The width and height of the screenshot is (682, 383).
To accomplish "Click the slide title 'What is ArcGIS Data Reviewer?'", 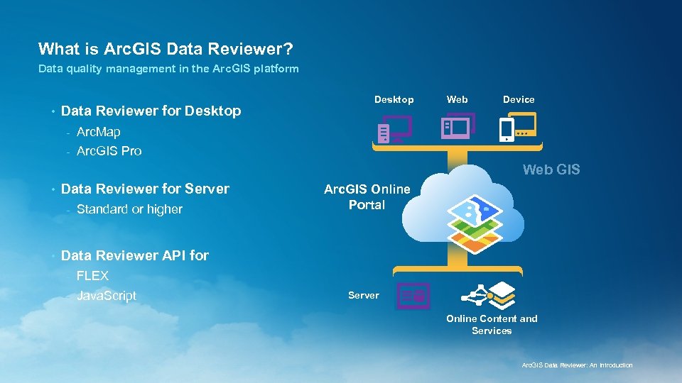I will point(166,49).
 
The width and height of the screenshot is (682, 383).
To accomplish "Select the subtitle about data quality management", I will point(168,69).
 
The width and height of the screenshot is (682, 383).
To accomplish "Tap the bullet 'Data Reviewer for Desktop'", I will point(151,111).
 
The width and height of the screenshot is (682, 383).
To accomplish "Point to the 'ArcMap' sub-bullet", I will point(98,132).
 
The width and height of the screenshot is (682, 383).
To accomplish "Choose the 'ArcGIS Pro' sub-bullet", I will point(109,150).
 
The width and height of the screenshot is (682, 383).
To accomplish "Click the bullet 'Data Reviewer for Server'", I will point(145,189).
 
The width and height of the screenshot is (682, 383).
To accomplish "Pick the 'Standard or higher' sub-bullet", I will point(129,209).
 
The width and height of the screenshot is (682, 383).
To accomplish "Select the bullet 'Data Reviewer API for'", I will point(135,255).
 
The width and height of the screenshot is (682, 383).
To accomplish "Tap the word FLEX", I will point(92,276).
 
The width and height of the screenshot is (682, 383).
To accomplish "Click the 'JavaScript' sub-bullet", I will point(106,296).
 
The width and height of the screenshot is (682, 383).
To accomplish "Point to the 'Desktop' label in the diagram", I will point(394,99).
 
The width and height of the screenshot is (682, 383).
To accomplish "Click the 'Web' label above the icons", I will point(457,99).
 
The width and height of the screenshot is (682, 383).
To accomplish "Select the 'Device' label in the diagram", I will point(519,99).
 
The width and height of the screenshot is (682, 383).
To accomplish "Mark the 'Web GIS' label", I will point(551,170).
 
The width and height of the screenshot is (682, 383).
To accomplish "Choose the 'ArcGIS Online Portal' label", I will point(367,197).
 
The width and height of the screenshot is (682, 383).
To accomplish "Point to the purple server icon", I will point(413,295).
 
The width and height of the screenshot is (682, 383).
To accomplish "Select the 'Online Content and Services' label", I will point(492,325).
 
